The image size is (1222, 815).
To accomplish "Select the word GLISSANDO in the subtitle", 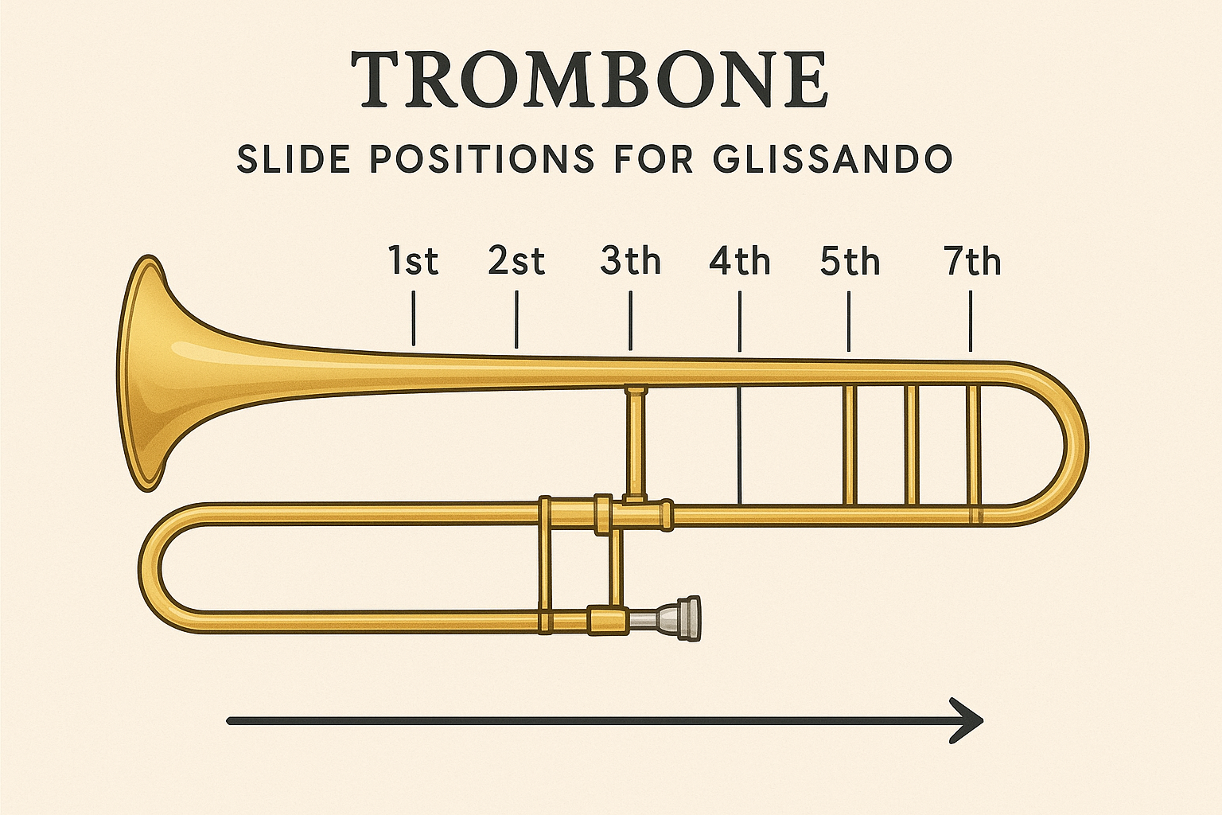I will click(x=832, y=159).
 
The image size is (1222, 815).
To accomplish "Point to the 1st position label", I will click(x=414, y=261).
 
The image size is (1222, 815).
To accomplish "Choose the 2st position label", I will click(x=516, y=261).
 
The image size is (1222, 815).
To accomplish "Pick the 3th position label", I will click(x=630, y=261).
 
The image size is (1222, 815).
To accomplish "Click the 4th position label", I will click(x=740, y=261).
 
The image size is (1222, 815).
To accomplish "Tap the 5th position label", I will click(x=850, y=261).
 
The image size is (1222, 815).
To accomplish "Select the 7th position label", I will click(x=972, y=261).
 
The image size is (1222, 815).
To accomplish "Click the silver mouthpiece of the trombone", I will click(x=681, y=618).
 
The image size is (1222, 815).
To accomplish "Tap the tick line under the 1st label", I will click(x=414, y=318).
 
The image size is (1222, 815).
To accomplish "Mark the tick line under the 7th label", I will click(x=971, y=322).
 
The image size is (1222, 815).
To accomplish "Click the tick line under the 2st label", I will click(x=517, y=319).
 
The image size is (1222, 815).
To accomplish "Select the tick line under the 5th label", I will click(x=849, y=322).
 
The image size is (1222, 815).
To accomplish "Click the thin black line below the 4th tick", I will click(x=740, y=446).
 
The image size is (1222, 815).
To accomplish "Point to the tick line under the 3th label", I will click(x=630, y=321).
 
